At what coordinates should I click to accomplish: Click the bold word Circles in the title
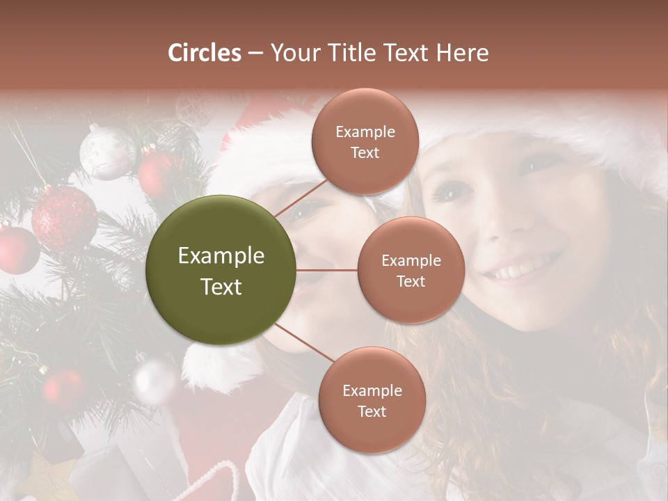[x=205, y=53]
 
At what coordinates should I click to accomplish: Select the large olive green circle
[x=221, y=270]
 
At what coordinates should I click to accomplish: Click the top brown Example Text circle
[x=365, y=142]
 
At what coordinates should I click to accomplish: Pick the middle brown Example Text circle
[x=411, y=270]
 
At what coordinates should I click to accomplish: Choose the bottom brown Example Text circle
[x=372, y=400]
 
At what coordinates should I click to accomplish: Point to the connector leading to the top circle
[x=300, y=197]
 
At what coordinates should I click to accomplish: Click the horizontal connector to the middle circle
[x=327, y=270]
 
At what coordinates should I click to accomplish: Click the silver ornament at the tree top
[x=106, y=152]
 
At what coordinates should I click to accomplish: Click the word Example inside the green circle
[x=221, y=256]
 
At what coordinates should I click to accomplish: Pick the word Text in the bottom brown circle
[x=372, y=412]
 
